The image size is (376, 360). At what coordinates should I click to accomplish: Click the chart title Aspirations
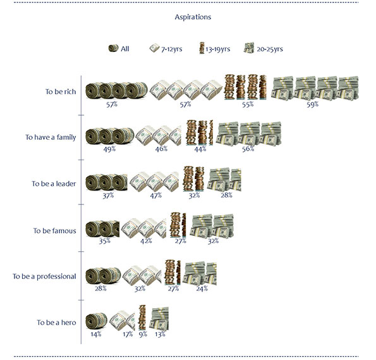tap(193, 17)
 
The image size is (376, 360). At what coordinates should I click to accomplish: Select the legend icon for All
tap(113, 48)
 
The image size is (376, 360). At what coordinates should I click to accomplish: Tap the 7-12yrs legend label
tap(172, 49)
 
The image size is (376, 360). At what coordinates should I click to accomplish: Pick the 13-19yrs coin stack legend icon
tap(202, 48)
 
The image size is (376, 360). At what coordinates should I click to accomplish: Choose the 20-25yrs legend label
tap(270, 49)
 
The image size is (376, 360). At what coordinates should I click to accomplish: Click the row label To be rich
tap(61, 92)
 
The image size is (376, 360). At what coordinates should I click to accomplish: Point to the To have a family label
tap(51, 137)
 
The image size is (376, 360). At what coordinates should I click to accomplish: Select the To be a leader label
tap(54, 183)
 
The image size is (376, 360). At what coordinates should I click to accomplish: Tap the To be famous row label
tap(55, 230)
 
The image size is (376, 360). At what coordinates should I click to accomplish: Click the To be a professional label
tap(44, 276)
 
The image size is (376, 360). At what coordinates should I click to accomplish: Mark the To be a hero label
tap(56, 322)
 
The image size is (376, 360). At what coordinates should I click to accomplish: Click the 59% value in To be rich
tap(312, 104)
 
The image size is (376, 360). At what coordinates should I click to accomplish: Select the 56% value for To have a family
tap(248, 149)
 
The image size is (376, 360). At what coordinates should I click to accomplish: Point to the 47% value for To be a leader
tap(156, 196)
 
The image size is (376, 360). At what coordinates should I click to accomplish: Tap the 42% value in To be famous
tap(146, 240)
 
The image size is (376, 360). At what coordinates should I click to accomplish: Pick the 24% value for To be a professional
tap(202, 289)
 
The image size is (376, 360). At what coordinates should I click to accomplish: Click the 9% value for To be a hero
tap(143, 334)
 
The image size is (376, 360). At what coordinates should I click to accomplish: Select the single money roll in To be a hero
tap(97, 321)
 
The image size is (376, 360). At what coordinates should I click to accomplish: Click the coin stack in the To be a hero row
tap(142, 318)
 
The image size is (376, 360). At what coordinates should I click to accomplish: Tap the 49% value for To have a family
tap(109, 149)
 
